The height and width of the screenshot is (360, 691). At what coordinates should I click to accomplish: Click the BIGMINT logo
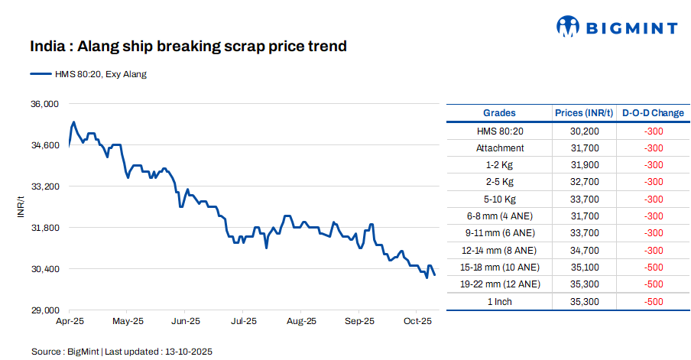(x=617, y=28)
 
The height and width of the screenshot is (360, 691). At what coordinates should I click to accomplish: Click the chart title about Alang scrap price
(x=188, y=47)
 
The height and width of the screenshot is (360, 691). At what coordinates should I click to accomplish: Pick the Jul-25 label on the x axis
(x=243, y=322)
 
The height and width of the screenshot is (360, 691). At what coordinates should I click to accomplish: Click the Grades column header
(x=499, y=113)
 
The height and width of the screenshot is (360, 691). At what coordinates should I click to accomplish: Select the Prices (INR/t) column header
(x=584, y=113)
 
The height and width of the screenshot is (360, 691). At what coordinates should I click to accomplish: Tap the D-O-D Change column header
(x=653, y=113)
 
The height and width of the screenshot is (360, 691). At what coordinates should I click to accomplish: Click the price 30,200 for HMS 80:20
(x=584, y=131)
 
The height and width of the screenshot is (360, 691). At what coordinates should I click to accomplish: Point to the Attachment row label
(x=500, y=148)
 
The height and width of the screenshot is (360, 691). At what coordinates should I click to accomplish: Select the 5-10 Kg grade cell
(x=500, y=199)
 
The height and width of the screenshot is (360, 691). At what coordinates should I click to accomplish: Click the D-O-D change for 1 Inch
(x=653, y=302)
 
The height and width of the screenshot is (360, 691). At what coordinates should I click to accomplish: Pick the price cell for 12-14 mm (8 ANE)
(x=584, y=251)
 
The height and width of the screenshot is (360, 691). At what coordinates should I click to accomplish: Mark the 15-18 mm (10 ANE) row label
(x=500, y=268)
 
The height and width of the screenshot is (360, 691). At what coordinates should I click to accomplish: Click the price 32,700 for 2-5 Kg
(x=584, y=182)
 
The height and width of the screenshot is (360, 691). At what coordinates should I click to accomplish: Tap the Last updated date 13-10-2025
(x=188, y=352)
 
